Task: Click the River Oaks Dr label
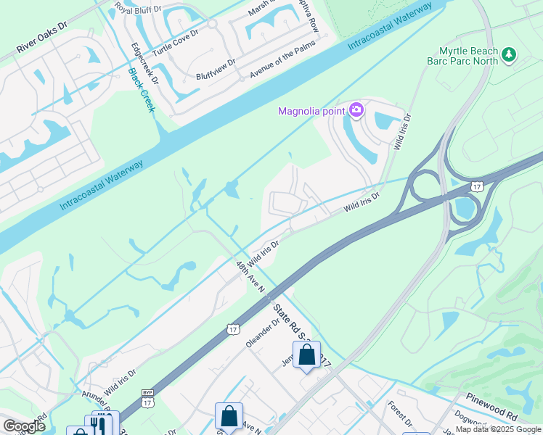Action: click(42, 45)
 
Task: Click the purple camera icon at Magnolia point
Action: click(356, 110)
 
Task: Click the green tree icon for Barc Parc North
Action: click(509, 54)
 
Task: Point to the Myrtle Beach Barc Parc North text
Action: click(469, 56)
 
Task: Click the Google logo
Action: click(24, 426)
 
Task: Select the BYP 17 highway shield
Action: click(147, 399)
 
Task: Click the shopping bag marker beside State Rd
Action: click(306, 355)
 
